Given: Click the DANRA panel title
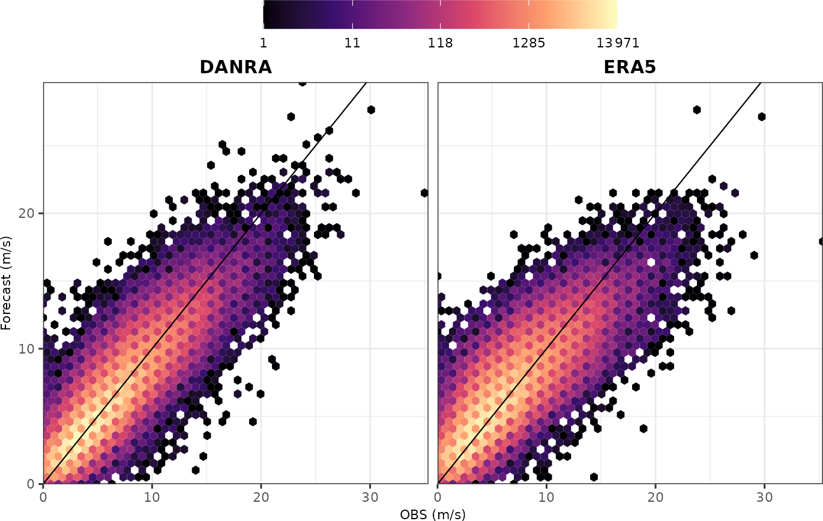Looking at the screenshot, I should (235, 68).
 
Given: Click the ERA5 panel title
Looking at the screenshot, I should (630, 68).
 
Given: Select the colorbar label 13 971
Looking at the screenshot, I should (618, 43).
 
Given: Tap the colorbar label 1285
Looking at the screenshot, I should (529, 43).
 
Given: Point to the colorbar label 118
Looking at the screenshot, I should (441, 43).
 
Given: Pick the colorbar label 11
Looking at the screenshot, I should (352, 43).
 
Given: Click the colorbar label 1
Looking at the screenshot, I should (264, 43).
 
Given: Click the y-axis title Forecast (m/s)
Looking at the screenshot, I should (7, 282).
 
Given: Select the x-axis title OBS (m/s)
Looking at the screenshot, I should (432, 514).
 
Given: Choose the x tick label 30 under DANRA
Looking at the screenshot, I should (370, 498).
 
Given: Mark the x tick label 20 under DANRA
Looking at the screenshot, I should (261, 498).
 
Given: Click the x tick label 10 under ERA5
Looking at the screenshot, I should (547, 498).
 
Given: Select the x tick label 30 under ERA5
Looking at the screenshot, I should (764, 498).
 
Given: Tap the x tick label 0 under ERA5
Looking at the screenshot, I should (438, 498).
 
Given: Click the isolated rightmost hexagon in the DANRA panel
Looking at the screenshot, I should (424, 193).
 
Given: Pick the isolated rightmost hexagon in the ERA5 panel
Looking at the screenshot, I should (821, 241).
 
